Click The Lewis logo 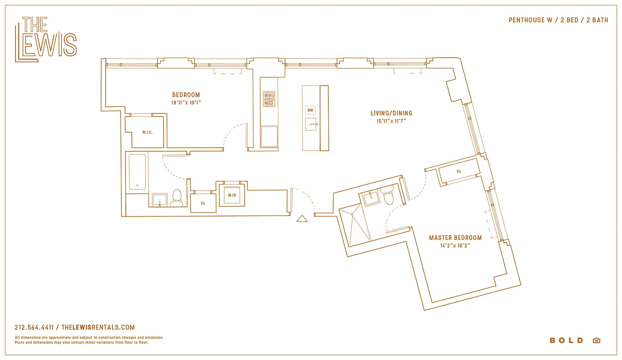[x=45, y=39]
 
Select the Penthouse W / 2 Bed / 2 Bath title [x=558, y=20]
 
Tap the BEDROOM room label [x=186, y=95]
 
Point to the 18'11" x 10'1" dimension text [x=186, y=103]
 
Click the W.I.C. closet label [x=147, y=132]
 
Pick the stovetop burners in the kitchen [x=269, y=99]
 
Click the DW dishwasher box [x=310, y=110]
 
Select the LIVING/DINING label [x=391, y=113]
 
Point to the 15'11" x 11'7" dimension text [x=391, y=121]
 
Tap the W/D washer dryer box [x=232, y=195]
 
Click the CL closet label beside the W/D [x=203, y=203]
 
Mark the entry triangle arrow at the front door [x=302, y=219]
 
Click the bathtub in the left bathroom [x=137, y=172]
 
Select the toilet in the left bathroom [x=176, y=197]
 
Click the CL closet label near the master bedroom [x=459, y=171]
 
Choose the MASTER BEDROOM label [x=455, y=238]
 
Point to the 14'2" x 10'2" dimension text [x=455, y=246]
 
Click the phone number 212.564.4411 [x=34, y=328]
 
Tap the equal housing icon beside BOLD [x=596, y=340]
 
